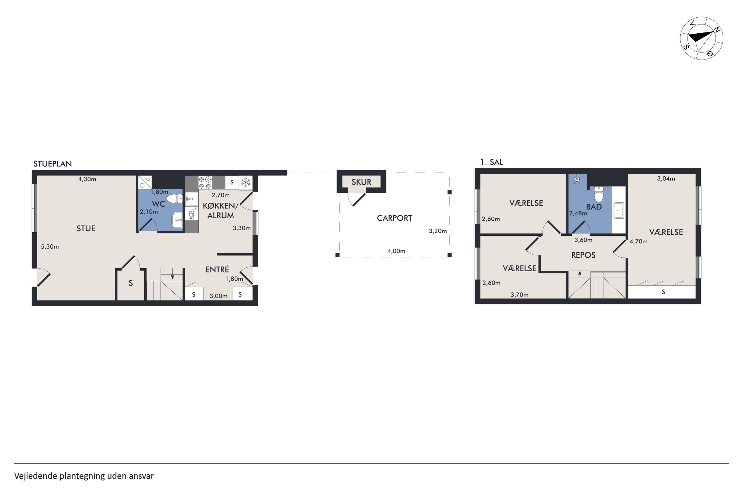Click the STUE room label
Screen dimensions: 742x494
click(x=86, y=228)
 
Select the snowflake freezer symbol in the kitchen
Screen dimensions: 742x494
click(x=246, y=182)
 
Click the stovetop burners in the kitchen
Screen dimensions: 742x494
click(x=205, y=182)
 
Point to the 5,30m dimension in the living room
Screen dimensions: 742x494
click(x=50, y=247)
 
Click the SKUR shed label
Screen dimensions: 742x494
click(x=361, y=182)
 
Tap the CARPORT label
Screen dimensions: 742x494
click(x=394, y=218)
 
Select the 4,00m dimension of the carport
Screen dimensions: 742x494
click(x=396, y=251)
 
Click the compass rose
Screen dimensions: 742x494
click(x=702, y=38)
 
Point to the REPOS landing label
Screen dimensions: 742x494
click(x=583, y=255)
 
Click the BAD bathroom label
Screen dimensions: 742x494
click(x=594, y=207)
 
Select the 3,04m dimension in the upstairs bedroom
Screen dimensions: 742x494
click(x=666, y=179)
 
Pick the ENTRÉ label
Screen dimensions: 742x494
click(x=217, y=269)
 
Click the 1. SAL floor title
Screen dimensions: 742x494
click(x=492, y=162)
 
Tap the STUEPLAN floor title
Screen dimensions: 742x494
click(x=53, y=164)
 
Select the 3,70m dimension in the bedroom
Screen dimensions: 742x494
click(x=519, y=295)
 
